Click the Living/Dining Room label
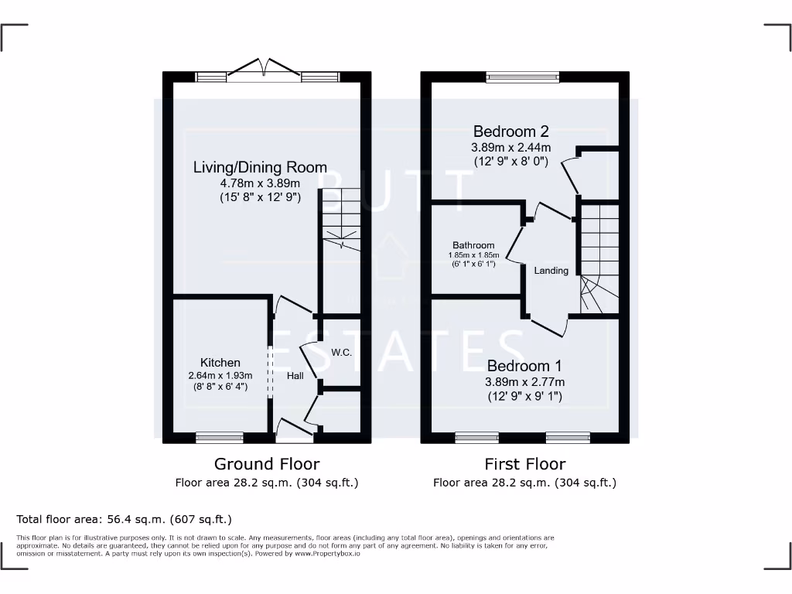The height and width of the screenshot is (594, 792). (260, 167)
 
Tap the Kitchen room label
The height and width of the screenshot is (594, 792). (220, 363)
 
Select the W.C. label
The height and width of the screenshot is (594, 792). (342, 353)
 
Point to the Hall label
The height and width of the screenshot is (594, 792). (295, 375)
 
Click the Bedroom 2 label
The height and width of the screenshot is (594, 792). (511, 131)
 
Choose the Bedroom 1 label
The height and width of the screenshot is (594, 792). (524, 366)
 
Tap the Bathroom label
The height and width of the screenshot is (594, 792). (473, 245)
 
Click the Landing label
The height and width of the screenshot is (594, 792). (551, 271)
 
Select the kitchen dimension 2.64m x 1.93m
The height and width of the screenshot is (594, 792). (220, 376)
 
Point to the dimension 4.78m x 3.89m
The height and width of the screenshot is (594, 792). (260, 183)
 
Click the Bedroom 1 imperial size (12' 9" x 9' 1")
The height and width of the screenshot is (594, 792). (524, 396)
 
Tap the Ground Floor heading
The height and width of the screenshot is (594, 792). (266, 464)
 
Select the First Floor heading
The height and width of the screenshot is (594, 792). (524, 464)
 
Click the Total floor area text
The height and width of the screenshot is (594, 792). (124, 520)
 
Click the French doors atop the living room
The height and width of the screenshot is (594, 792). (265, 71)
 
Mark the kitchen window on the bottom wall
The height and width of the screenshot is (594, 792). (220, 438)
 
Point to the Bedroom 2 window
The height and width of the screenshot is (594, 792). (522, 77)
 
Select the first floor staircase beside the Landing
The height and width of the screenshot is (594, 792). (599, 259)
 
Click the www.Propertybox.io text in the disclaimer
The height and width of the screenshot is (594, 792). (327, 554)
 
